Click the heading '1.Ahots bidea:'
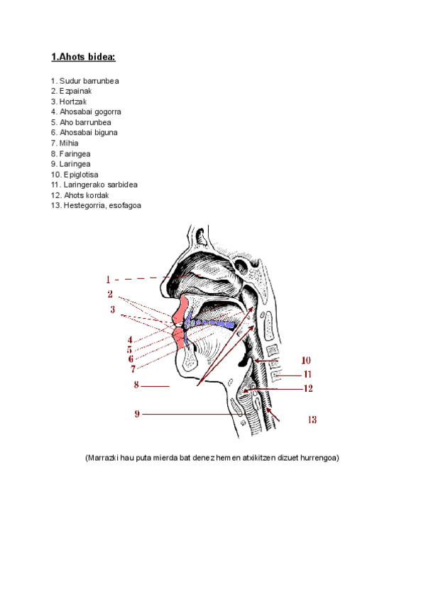coord(83,57)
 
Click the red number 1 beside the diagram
coord(109,279)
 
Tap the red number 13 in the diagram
coord(312,420)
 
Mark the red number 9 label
coord(137,414)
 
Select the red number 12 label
coord(307,388)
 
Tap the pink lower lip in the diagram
coord(180,338)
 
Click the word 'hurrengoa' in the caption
coord(320,458)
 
